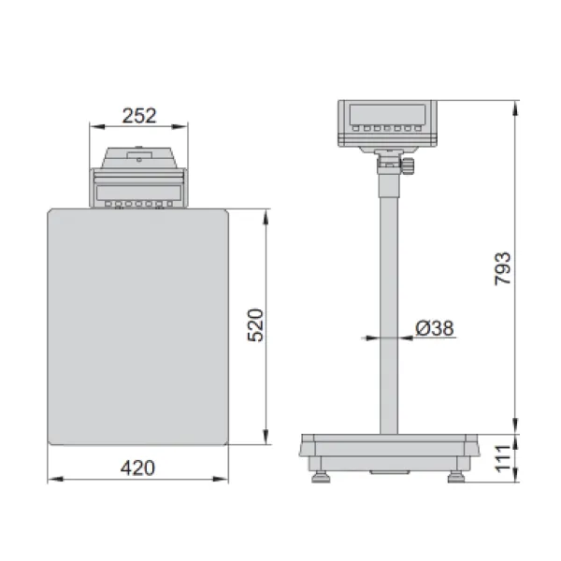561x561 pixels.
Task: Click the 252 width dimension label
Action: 139,116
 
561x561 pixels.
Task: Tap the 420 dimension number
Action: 137,468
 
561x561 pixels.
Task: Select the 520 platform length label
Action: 255,325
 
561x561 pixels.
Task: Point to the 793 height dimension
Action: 503,268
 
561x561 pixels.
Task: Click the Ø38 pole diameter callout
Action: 435,328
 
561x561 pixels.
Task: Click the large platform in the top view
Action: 138,327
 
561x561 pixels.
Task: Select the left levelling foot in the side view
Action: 321,477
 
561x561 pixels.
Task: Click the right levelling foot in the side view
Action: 456,477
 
